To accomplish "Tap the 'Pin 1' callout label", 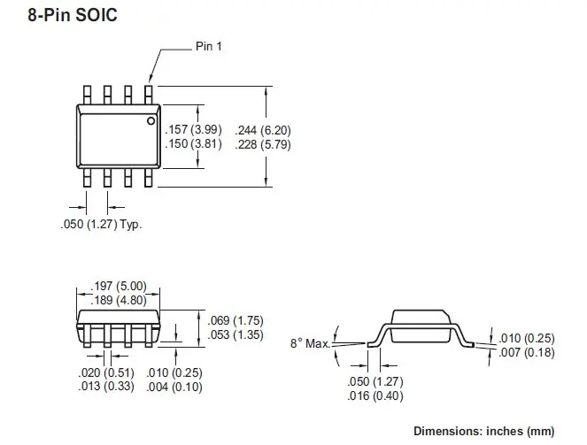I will [208, 46].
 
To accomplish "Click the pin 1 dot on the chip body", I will [151, 120].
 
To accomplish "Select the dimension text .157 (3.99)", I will [194, 130].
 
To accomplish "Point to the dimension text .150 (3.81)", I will [194, 143].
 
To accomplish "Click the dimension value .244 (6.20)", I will [263, 130].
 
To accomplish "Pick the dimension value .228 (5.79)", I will [263, 143].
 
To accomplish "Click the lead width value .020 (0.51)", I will [105, 372].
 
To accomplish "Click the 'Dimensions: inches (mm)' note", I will [498, 431].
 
